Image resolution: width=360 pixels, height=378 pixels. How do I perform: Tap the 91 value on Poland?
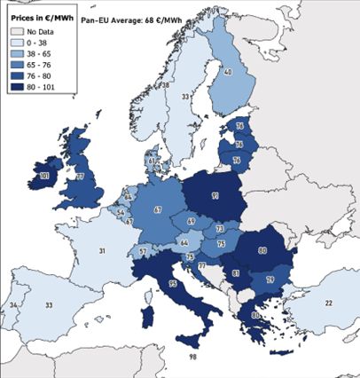215,196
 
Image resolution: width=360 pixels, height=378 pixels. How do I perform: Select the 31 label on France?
103,252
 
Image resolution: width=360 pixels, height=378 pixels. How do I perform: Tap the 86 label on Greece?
255,315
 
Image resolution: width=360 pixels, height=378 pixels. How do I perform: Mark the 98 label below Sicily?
192,357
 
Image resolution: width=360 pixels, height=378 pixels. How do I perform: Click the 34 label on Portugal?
14,305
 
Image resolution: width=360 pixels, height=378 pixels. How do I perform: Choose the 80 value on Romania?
263,250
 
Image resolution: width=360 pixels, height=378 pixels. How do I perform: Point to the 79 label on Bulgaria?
270,280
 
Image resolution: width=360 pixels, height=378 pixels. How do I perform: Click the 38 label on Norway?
166,85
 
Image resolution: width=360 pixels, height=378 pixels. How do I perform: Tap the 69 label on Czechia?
192,221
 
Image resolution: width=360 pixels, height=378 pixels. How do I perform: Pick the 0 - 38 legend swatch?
16,41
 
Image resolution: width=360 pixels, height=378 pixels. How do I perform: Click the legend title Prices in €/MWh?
39,16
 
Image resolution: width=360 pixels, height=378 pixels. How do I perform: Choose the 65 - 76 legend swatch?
16,64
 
